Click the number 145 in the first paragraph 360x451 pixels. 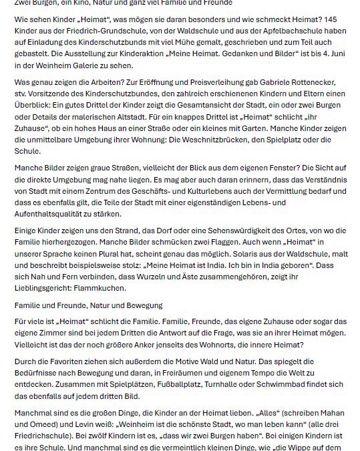341,19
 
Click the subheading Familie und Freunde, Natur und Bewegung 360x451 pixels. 88,305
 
